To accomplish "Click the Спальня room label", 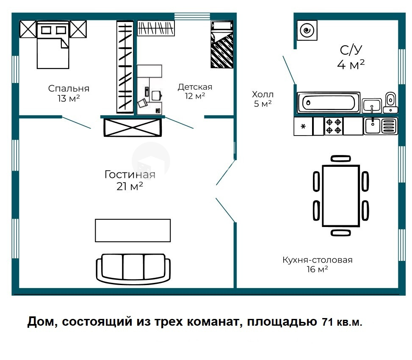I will [x=69, y=89].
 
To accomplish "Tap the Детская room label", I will [x=195, y=87].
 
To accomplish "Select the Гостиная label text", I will [x=130, y=174].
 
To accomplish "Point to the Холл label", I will [x=263, y=94].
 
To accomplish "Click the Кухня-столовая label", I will [x=318, y=260].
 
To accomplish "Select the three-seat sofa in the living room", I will [x=133, y=268].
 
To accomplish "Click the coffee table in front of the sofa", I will [x=133, y=230].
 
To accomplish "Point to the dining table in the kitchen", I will [x=341, y=196].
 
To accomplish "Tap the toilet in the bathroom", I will [x=390, y=102].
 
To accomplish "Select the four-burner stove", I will [x=333, y=126].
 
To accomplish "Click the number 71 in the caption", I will [x=326, y=322].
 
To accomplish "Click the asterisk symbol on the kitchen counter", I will [x=303, y=126].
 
